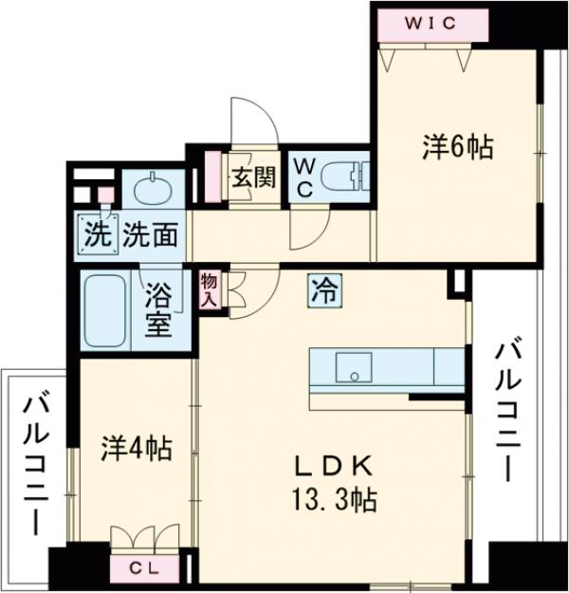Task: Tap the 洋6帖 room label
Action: tap(457, 147)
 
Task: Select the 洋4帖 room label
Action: tap(137, 448)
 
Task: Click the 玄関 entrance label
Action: tap(253, 177)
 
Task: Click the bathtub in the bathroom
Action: tap(107, 311)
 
